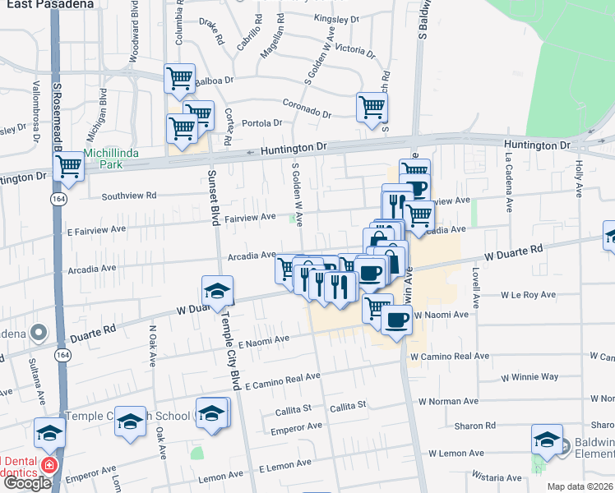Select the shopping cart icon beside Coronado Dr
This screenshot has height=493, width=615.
372,107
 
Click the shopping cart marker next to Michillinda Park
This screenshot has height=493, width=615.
69,167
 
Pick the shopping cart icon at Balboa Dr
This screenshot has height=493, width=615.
179,80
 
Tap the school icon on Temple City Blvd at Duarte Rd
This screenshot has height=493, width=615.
217,292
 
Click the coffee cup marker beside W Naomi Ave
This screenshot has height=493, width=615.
397,320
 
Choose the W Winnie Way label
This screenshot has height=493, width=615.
529,377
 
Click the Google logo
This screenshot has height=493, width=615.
26,483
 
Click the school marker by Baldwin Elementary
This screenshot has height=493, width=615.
547,439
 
